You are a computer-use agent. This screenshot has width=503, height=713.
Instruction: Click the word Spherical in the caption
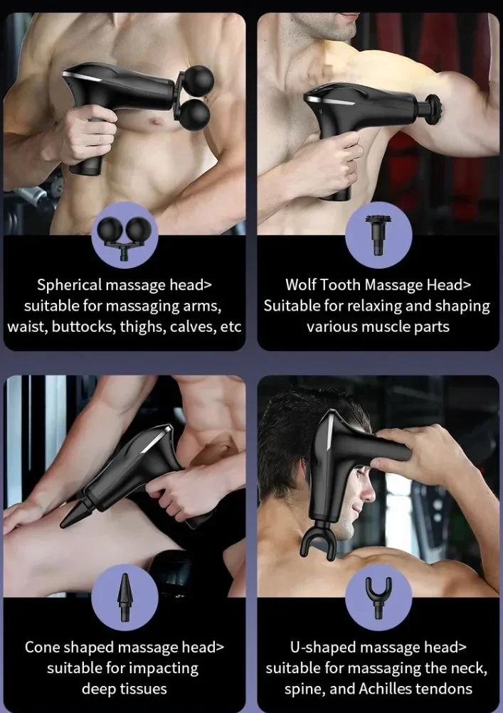(x=70, y=285)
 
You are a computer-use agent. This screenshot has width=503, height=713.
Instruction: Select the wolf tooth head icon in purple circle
(x=378, y=233)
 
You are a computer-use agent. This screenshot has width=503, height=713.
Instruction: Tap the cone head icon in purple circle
(x=125, y=596)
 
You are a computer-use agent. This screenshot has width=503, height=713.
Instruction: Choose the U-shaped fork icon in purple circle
(x=378, y=596)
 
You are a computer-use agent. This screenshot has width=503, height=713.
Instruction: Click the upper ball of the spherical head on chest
(x=198, y=80)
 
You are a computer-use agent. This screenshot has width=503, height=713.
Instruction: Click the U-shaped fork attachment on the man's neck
(x=319, y=542)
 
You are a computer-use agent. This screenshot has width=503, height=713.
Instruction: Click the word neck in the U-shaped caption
(x=470, y=668)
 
